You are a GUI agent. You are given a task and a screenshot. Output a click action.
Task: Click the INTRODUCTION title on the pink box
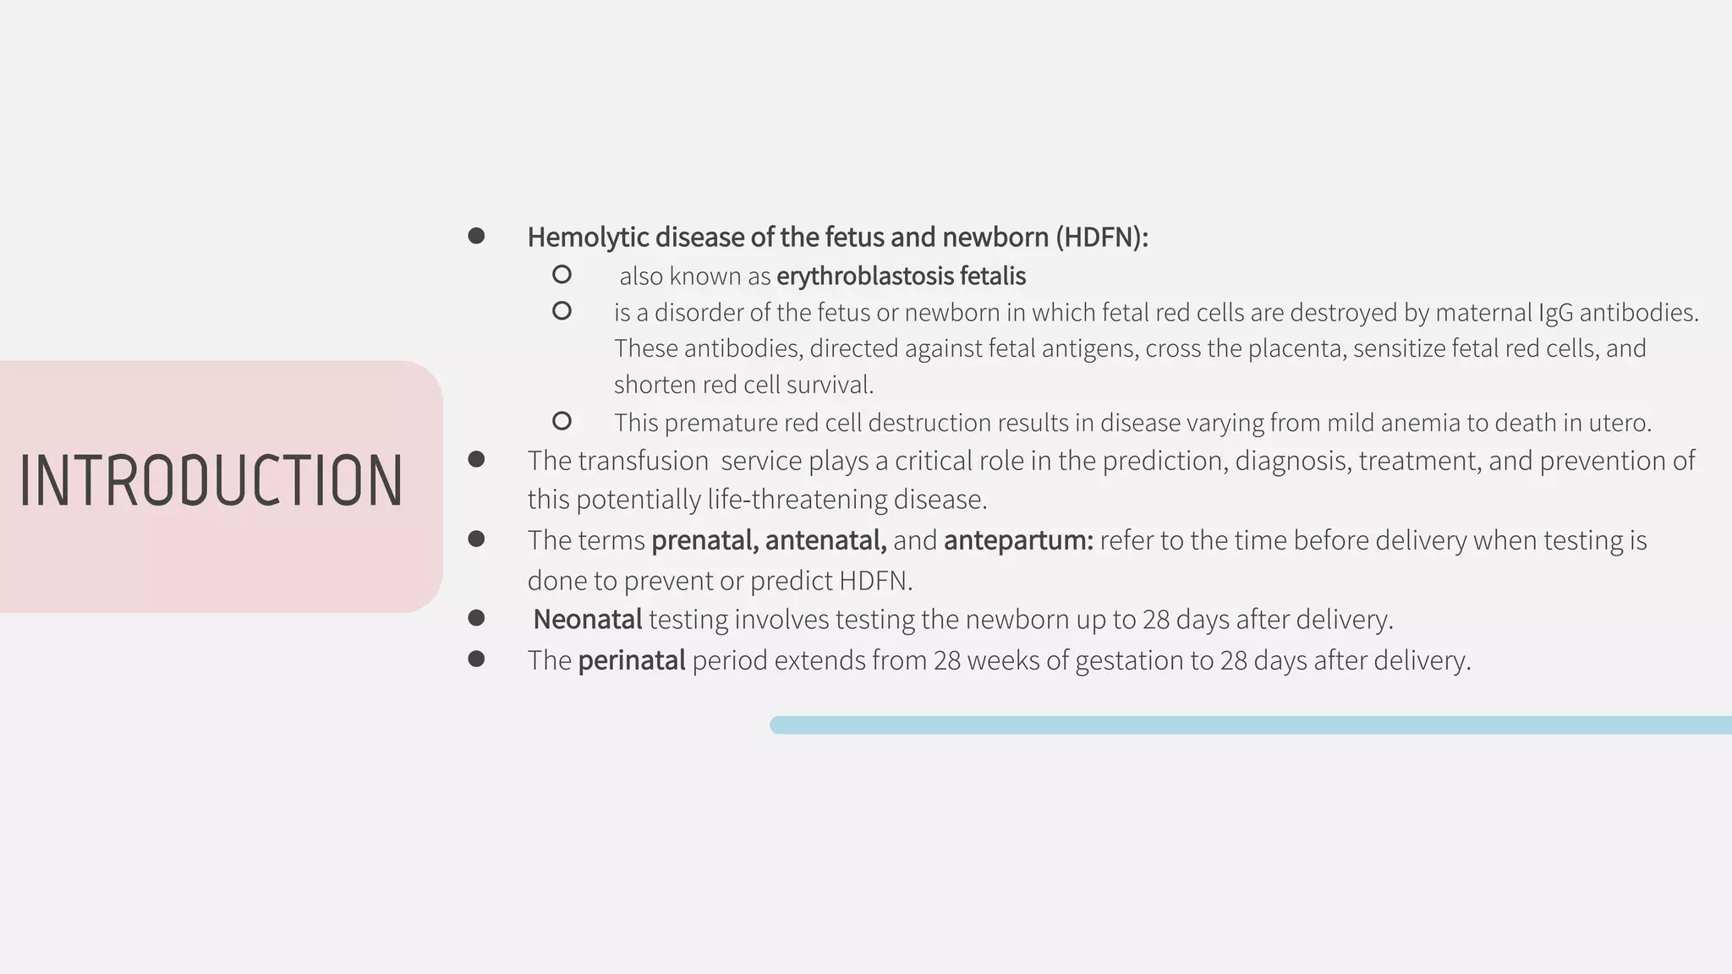pyautogui.click(x=211, y=480)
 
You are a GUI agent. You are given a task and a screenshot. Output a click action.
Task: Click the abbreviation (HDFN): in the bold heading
pyautogui.click(x=1102, y=238)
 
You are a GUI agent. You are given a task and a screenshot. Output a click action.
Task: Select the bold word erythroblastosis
pyautogui.click(x=864, y=276)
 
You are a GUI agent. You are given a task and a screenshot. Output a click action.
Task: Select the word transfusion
pyautogui.click(x=643, y=461)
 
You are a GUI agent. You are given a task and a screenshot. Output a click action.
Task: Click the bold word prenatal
pyautogui.click(x=704, y=540)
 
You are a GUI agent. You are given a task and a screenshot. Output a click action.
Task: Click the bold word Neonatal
pyautogui.click(x=588, y=620)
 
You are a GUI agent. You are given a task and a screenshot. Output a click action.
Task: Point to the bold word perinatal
pyautogui.click(x=631, y=660)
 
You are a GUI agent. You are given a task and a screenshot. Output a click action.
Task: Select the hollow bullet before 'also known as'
pyautogui.click(x=562, y=275)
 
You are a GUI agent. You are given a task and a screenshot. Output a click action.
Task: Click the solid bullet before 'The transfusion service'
pyautogui.click(x=476, y=459)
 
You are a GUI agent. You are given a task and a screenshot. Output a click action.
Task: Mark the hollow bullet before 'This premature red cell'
pyautogui.click(x=562, y=421)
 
